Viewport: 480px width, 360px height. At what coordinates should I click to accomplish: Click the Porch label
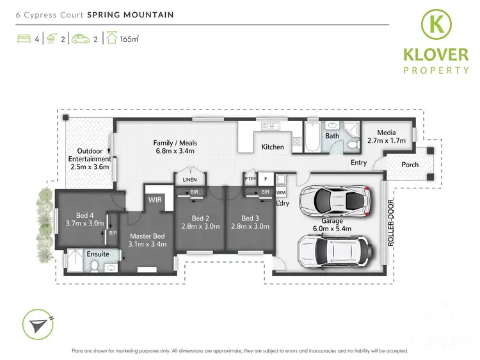click(x=410, y=165)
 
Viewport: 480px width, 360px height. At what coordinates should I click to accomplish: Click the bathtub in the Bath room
click(x=311, y=136)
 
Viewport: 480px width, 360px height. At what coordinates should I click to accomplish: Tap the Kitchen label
click(x=273, y=147)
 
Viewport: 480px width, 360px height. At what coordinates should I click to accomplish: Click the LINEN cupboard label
click(x=190, y=180)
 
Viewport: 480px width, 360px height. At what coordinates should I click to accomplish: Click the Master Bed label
click(x=147, y=240)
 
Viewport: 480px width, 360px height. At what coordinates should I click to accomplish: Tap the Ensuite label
click(x=97, y=254)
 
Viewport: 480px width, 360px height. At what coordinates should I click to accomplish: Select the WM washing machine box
click(x=281, y=192)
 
